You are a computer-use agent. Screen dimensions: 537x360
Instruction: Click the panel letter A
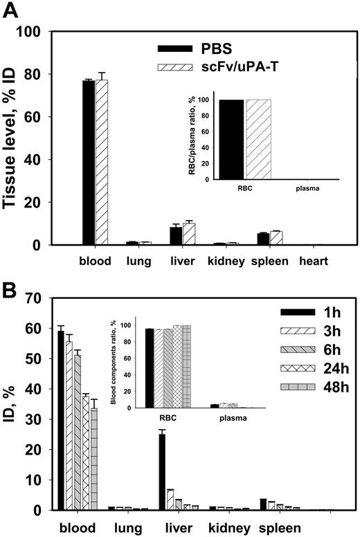pyautogui.click(x=12, y=10)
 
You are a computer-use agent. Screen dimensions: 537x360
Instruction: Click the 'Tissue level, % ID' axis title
pyautogui.click(x=15, y=138)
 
